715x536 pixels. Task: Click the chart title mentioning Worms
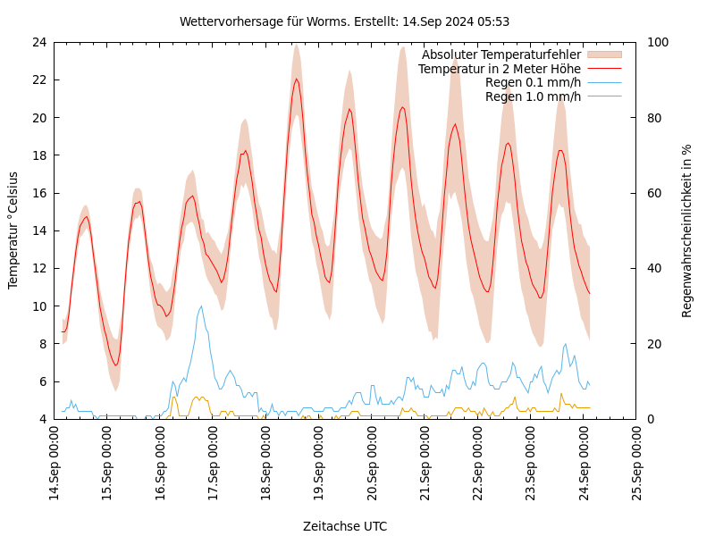pos(344,21)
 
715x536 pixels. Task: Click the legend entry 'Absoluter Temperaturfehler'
pos(500,54)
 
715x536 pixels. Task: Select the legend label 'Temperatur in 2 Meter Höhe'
pos(499,69)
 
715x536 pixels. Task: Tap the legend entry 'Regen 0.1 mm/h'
pos(533,82)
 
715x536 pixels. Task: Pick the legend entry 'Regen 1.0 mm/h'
pos(533,96)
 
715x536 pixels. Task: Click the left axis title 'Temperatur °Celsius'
pos(13,230)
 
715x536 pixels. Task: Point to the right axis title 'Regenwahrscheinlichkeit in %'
pos(686,230)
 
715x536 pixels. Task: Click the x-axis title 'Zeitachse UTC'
pos(345,526)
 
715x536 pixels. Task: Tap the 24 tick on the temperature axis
pos(38,42)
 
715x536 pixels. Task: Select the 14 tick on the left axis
pos(38,230)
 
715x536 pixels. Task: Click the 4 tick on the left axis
pos(42,419)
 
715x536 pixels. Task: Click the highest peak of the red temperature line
pos(297,79)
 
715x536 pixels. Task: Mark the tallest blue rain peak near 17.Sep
pos(201,306)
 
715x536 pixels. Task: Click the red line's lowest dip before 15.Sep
pos(115,364)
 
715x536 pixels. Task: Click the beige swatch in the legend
pos(604,54)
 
